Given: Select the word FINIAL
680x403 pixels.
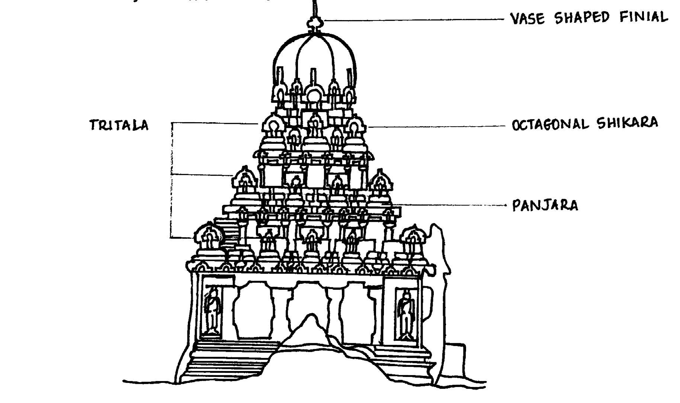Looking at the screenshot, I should [x=644, y=17].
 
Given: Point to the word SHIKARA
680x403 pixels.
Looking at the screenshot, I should [x=627, y=123].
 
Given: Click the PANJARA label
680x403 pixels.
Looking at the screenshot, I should [x=545, y=205].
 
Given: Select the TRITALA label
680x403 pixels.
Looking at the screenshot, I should [x=119, y=125].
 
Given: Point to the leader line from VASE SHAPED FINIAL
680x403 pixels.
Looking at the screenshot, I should [x=413, y=19].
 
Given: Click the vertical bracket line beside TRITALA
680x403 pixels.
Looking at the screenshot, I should [x=172, y=179].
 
